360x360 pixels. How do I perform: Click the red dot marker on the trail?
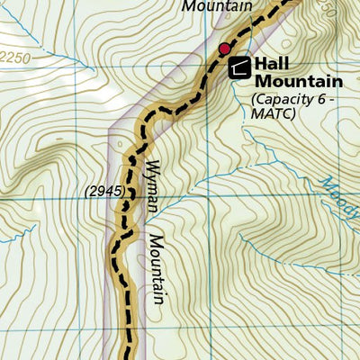coord(224,48)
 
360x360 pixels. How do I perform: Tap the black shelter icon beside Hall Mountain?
coord(239,66)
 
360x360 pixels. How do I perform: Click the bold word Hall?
coord(271,64)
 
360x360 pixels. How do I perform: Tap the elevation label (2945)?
coord(104,191)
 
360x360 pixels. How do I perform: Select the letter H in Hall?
coord(261,64)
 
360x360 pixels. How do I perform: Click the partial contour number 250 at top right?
coord(325,12)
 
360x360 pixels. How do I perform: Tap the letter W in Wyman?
coord(150,165)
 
